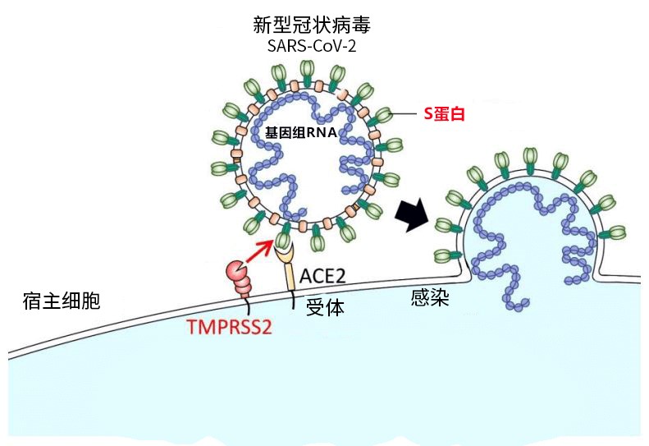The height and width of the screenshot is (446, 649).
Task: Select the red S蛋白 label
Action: (x=444, y=114)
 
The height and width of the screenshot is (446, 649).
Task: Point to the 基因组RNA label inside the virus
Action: (x=300, y=132)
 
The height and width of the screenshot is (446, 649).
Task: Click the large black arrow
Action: (x=413, y=214)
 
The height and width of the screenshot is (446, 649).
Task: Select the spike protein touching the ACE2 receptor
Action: (x=284, y=240)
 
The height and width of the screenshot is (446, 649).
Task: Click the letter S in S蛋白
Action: (x=427, y=114)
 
